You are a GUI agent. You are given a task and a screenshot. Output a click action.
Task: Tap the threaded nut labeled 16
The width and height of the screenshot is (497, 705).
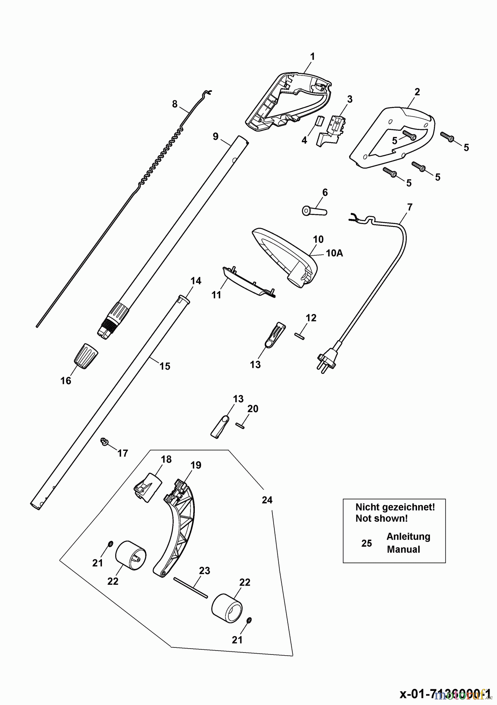[x=85, y=356]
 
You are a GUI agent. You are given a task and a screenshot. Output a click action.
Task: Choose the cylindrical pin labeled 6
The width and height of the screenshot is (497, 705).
[x=314, y=210]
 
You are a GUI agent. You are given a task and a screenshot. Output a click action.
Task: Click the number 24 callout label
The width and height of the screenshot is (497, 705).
[x=267, y=500]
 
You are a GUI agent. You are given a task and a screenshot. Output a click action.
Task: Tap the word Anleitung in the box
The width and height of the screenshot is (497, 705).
[x=408, y=537]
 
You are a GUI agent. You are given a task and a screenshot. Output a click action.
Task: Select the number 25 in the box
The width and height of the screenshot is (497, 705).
[x=366, y=543]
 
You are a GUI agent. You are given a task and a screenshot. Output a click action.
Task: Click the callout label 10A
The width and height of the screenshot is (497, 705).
[x=334, y=253]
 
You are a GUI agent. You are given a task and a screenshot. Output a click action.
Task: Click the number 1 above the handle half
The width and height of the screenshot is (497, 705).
[x=312, y=56]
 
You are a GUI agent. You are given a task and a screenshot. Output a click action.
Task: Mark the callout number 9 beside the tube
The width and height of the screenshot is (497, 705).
[x=216, y=136]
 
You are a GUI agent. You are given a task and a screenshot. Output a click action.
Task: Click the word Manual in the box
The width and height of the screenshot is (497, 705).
[x=403, y=549]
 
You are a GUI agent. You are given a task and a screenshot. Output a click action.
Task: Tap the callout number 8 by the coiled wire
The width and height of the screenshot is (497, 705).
[x=174, y=104]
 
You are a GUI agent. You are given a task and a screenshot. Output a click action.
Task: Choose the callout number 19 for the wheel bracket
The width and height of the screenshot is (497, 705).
[x=196, y=465]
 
